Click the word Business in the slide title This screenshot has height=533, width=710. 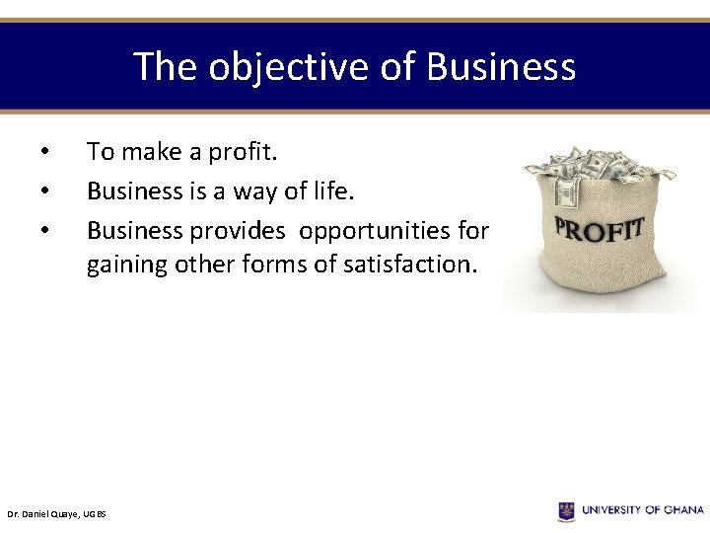point(501,67)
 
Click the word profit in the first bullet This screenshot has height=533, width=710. point(250,152)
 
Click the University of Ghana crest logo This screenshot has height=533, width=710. point(566,510)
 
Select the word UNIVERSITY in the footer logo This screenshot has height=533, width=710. point(612,510)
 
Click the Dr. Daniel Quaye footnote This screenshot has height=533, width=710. point(56,514)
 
